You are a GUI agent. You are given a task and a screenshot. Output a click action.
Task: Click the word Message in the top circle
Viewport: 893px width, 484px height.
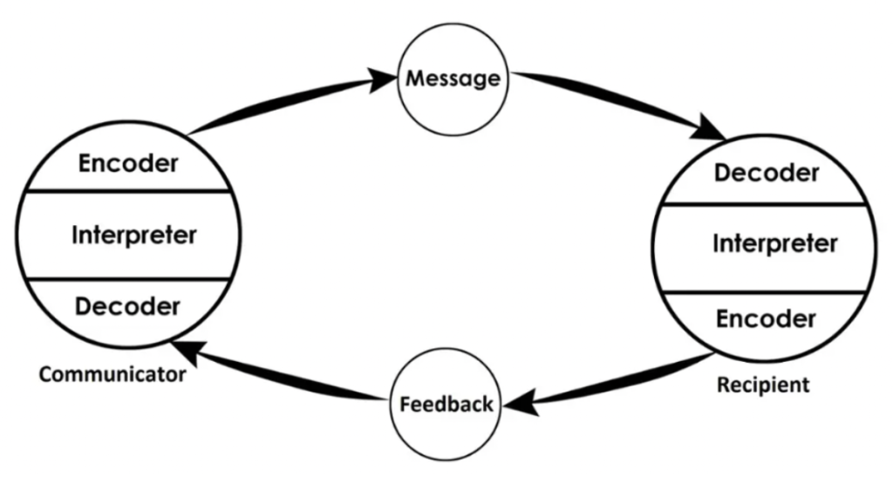[451, 78]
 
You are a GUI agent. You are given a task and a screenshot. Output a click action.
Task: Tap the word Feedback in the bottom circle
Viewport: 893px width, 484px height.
[446, 405]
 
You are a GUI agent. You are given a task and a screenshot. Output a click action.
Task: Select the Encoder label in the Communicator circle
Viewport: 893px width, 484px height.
[127, 164]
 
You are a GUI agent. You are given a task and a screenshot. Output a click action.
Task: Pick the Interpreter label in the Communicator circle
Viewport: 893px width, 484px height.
[133, 235]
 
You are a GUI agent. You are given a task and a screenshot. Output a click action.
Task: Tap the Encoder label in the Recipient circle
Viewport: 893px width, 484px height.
[767, 318]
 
